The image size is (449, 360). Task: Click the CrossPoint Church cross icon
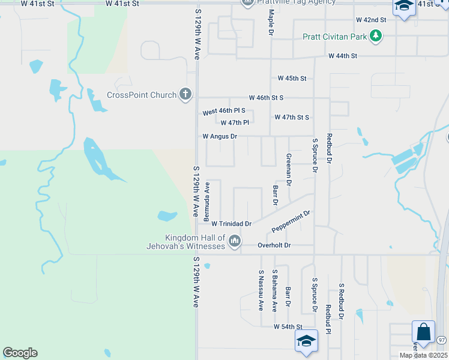[x=186, y=94]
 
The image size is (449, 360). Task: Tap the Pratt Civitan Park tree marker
[x=376, y=37]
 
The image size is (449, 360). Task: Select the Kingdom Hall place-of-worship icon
[x=235, y=241]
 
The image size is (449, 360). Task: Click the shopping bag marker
[x=423, y=331]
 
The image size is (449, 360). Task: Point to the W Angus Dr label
[x=220, y=136]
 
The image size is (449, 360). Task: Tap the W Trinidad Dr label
[x=231, y=223]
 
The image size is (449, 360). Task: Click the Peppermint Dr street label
[x=291, y=221]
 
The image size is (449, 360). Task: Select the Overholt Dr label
[x=274, y=245]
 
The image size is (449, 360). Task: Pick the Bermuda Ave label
[x=206, y=199]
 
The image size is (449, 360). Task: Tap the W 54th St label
[x=287, y=326]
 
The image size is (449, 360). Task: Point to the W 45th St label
[x=292, y=78]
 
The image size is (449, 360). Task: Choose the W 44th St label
[x=343, y=56]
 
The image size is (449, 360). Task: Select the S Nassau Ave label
[x=261, y=290]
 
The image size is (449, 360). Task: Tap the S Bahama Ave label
[x=275, y=290]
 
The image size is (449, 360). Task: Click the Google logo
[x=20, y=353]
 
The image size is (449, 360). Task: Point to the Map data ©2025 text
[x=423, y=355]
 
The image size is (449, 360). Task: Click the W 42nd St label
[x=371, y=20]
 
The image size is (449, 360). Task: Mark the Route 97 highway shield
[x=442, y=340]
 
